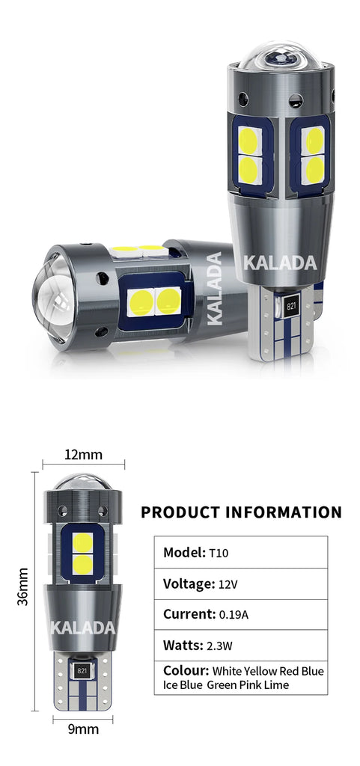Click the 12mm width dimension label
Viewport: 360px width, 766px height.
[x=84, y=455]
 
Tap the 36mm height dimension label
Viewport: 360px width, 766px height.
[x=23, y=586]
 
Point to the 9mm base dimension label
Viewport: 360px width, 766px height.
[x=83, y=730]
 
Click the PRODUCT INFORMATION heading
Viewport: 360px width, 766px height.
[x=241, y=512]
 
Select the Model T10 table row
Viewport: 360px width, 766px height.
[x=241, y=552]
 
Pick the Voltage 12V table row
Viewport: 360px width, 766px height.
[x=241, y=583]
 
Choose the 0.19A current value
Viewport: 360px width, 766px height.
[x=234, y=615]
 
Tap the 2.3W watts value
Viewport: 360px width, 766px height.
[x=220, y=646]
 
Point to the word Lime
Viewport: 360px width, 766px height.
[x=278, y=685]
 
